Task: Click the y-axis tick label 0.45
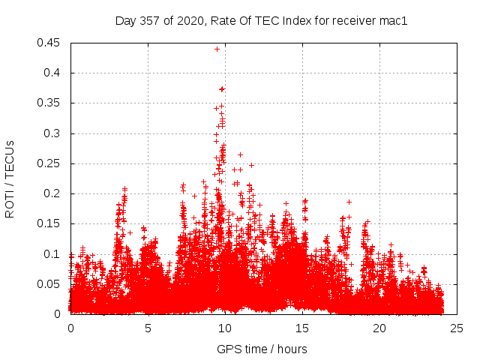tap(50, 43)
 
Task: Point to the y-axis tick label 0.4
tap(53, 73)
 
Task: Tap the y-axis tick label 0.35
tap(50, 103)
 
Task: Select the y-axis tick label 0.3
tap(53, 133)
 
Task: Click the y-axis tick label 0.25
tap(50, 163)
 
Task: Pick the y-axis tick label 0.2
tap(53, 193)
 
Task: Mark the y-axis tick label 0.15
tap(50, 223)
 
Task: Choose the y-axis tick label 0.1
tap(53, 254)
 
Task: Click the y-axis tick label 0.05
tap(50, 284)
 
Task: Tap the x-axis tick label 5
tap(148, 328)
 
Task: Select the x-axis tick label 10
tap(225, 328)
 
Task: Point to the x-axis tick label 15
tap(302, 328)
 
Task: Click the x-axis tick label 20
tap(379, 328)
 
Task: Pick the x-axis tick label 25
tap(457, 328)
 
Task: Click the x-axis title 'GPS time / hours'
tap(262, 349)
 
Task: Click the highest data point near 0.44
tap(217, 49)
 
